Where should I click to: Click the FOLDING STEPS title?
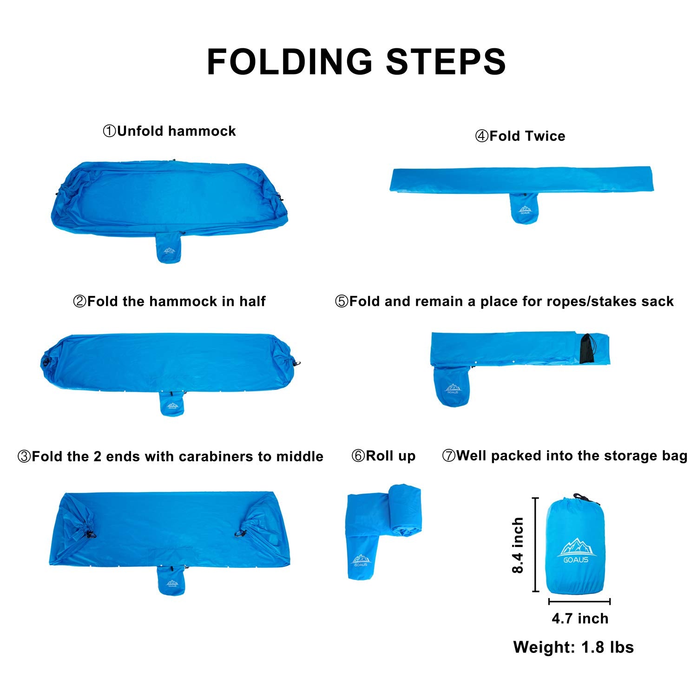click(356, 61)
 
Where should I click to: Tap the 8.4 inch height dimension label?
click(518, 545)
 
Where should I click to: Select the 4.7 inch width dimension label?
click(580, 618)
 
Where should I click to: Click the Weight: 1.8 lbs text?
click(573, 647)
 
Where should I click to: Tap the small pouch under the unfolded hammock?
click(169, 247)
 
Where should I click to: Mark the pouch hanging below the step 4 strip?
click(524, 208)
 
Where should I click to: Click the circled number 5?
click(342, 302)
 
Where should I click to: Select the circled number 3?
click(24, 456)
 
